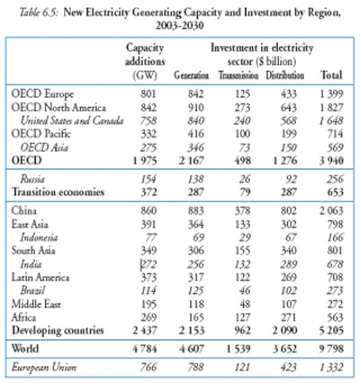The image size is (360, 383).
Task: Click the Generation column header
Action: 192,76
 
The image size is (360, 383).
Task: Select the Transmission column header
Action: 238,76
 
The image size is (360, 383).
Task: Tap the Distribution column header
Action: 285,76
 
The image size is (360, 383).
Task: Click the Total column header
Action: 331,75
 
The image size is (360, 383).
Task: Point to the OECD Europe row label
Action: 42,94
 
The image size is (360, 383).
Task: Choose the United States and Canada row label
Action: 72,120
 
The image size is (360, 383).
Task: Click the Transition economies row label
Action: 58,191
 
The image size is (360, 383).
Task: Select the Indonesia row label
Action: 39,237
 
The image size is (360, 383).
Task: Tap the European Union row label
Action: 44,367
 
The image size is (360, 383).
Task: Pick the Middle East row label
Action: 36,304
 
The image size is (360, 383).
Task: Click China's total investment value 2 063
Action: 331,210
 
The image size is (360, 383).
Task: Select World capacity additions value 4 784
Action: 145,349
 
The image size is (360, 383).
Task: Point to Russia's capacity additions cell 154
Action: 148,179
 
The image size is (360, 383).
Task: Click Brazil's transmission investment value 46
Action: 245,290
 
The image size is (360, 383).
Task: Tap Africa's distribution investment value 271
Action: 289,317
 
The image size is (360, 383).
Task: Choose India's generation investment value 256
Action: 196,264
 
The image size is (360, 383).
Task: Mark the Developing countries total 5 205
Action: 331,330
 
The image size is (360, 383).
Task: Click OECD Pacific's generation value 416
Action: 196,134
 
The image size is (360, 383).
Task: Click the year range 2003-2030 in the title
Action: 180,26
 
